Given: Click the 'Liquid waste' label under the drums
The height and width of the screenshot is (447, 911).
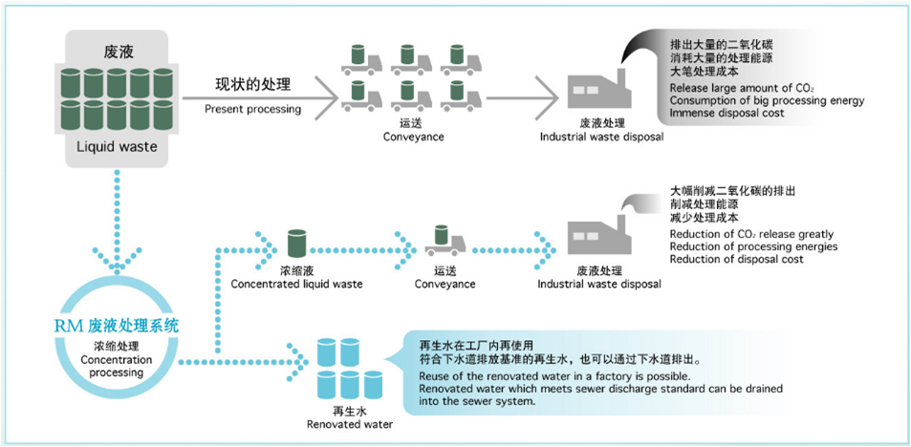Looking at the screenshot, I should point(117,147).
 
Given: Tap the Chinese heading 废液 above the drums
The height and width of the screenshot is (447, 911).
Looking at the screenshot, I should point(117,50).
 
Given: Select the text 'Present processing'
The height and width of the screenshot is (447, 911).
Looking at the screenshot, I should point(252,109).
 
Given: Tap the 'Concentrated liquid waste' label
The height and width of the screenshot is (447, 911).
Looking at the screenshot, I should point(296,284).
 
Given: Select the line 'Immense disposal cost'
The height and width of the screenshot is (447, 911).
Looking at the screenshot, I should point(727,113).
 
